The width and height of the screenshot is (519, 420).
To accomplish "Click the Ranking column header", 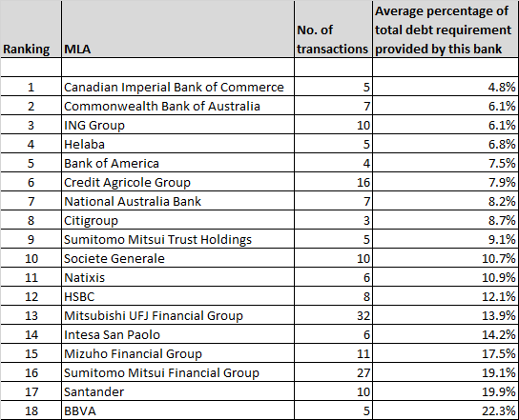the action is [26, 50].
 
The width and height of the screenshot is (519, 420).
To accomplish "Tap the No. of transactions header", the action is [332, 39].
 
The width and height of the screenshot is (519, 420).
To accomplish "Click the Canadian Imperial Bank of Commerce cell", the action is [174, 88].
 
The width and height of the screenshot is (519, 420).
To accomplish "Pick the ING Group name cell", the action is [94, 126].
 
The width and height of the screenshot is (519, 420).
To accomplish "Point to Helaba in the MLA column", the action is [84, 145].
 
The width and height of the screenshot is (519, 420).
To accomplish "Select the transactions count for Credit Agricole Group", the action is [363, 183].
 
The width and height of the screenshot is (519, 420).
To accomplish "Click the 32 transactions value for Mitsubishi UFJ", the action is [363, 316].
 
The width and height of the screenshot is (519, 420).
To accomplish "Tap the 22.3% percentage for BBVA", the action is [499, 411].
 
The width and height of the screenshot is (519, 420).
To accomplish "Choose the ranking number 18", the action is [31, 411].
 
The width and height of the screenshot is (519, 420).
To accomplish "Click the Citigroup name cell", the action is [91, 221].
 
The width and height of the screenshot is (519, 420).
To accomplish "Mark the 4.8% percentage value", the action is [502, 88].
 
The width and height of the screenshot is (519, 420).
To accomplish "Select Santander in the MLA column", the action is [94, 392].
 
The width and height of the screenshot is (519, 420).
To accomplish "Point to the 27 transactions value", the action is [363, 373].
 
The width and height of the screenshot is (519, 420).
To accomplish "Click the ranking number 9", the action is [31, 240].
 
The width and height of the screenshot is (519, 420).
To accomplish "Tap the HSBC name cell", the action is [79, 297].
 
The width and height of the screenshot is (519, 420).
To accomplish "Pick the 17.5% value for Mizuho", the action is [499, 354].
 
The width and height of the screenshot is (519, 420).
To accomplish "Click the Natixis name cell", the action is [84, 278].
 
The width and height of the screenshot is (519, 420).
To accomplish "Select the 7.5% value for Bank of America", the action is [502, 164].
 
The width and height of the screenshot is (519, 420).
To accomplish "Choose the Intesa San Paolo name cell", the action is [112, 335].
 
